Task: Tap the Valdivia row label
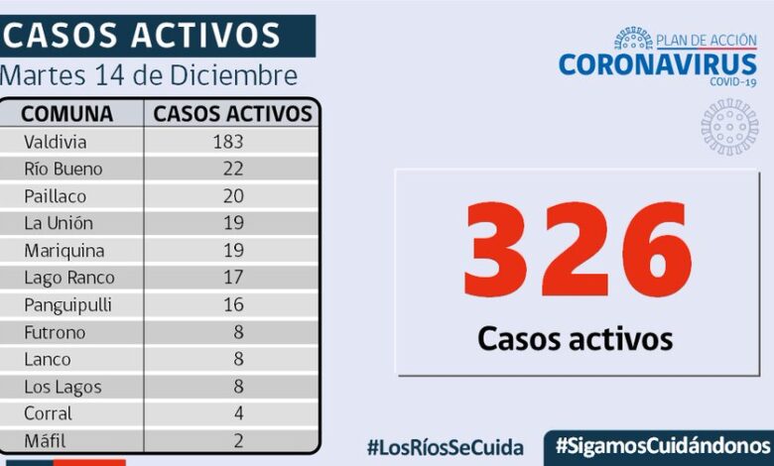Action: pos(56,141)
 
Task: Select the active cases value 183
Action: pos(227,141)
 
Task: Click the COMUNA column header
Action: pos(67,113)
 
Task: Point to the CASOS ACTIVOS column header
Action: pos(233,113)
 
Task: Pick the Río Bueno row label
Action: pos(64,169)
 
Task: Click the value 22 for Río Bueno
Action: pos(233,169)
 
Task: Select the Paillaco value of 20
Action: pos(233,196)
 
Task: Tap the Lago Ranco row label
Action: pos(69,278)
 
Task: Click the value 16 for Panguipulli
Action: pos(233,305)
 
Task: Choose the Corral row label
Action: pos(49,413)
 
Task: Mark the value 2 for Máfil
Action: pos(238,441)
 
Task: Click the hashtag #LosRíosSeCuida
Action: pos(447,446)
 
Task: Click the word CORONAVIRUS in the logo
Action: pos(657,64)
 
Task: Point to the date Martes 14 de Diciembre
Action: pos(149,75)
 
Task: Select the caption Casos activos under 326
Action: pos(575,338)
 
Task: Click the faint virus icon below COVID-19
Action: pos(729,126)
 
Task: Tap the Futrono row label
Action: pos(56,332)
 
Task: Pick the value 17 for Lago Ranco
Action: pos(233,278)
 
